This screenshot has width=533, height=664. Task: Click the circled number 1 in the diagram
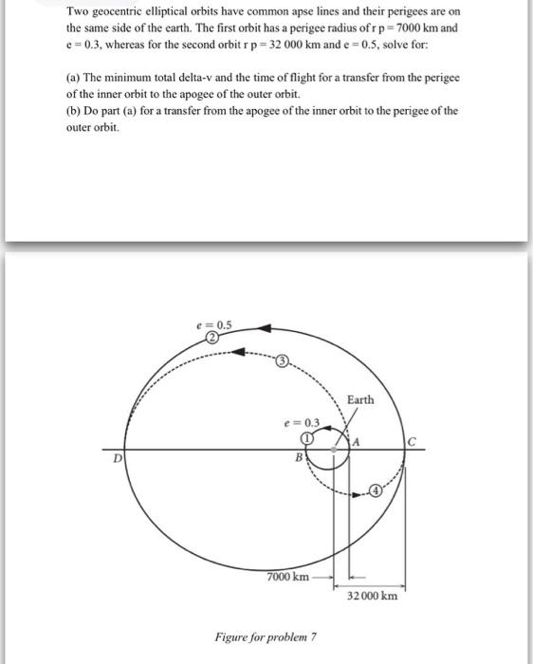307,438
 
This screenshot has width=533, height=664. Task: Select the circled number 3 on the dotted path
283,361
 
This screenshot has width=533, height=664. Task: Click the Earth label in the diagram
360,399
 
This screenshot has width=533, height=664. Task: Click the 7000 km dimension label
287,577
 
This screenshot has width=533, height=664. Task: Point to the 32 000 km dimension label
373,596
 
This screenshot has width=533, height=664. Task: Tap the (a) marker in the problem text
72,81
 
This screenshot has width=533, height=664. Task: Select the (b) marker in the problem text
72,111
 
